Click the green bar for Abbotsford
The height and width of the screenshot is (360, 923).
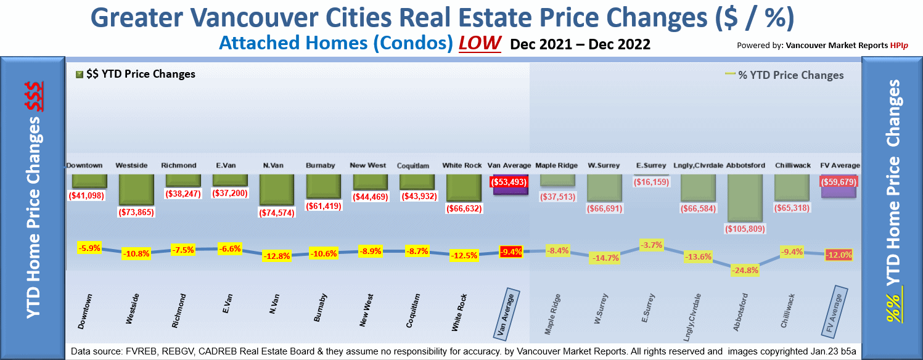(x=745, y=197)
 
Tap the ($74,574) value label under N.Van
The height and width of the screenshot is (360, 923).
(x=276, y=213)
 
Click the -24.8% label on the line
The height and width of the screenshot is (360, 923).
(x=745, y=270)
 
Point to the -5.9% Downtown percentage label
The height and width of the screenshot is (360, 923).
(x=89, y=248)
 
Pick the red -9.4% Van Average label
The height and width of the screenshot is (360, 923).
(x=511, y=252)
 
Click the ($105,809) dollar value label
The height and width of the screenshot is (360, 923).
(x=745, y=229)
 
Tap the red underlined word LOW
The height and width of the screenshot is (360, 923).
(x=479, y=44)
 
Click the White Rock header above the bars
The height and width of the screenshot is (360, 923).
(x=462, y=165)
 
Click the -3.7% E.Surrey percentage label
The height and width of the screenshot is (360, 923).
(x=651, y=245)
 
